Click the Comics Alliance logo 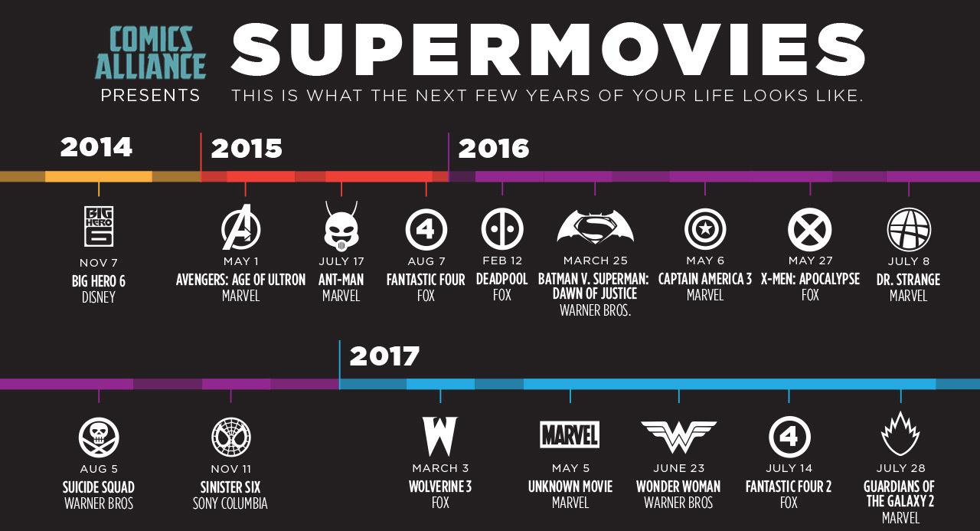click(150, 52)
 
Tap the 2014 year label click(96, 146)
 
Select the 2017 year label click(384, 356)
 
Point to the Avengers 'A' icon click(241, 228)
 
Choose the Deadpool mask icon click(502, 228)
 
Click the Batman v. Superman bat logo click(595, 228)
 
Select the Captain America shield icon click(704, 228)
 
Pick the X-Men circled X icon click(809, 228)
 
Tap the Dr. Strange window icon click(909, 228)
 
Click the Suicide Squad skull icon click(99, 438)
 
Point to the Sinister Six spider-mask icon click(230, 438)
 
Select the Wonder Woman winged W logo click(678, 436)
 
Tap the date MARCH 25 click(595, 261)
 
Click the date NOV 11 click(230, 469)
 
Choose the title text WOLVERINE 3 click(440, 487)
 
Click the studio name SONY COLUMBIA click(230, 503)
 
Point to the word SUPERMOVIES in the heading click(548, 52)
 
